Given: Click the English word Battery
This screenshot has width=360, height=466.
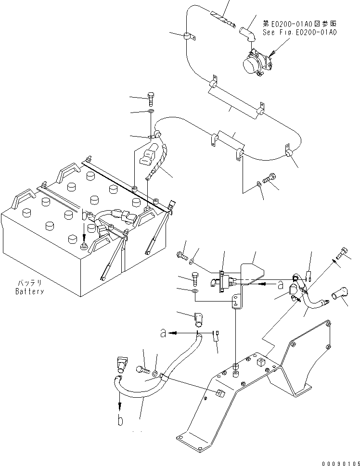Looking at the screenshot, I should tap(29, 291).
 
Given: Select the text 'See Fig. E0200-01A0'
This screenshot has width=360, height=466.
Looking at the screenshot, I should tap(299, 32).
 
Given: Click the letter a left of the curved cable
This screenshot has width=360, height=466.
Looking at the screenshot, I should tap(164, 332).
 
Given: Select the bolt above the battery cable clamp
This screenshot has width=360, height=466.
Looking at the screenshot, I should tap(151, 100).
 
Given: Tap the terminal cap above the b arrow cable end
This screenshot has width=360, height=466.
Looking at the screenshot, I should tap(121, 364).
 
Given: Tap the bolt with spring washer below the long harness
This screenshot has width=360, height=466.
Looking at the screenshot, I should tap(271, 178).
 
